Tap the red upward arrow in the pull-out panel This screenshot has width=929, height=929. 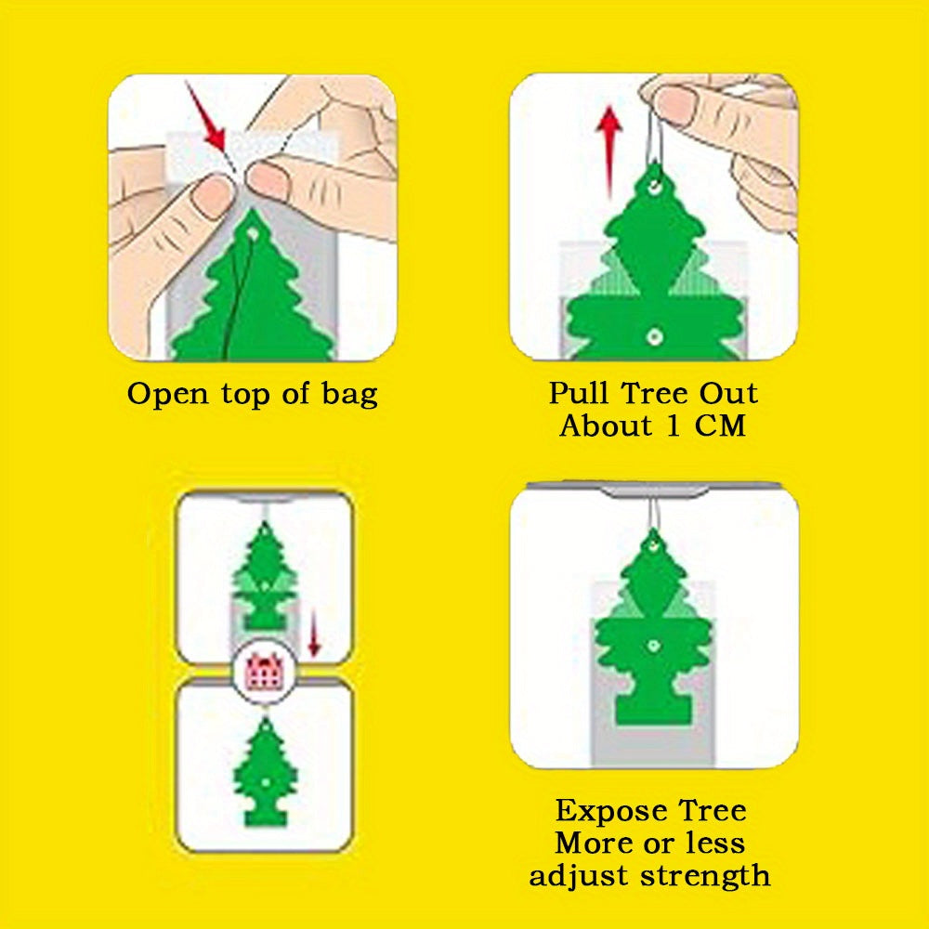609,149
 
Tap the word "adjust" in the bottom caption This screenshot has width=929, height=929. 574,874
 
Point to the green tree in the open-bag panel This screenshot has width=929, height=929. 252,297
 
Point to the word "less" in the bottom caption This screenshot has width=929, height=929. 712,843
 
